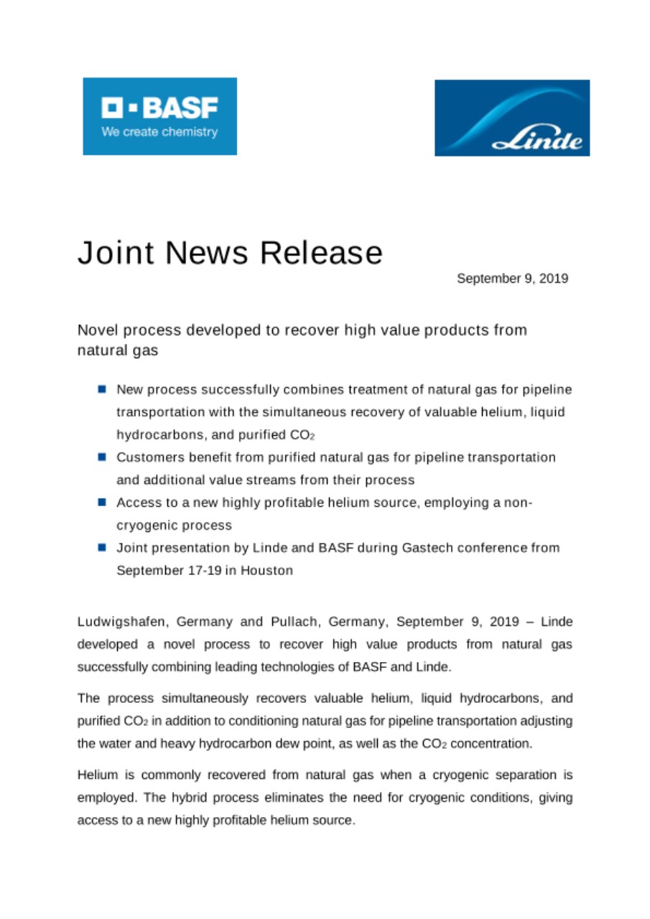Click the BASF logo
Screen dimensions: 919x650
pyautogui.click(x=159, y=116)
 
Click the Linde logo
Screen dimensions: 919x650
pyautogui.click(x=511, y=118)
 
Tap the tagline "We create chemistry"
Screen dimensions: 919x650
pyautogui.click(x=159, y=133)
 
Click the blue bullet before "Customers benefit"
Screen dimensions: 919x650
pyautogui.click(x=103, y=457)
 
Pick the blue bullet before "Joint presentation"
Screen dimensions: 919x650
pyautogui.click(x=103, y=549)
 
